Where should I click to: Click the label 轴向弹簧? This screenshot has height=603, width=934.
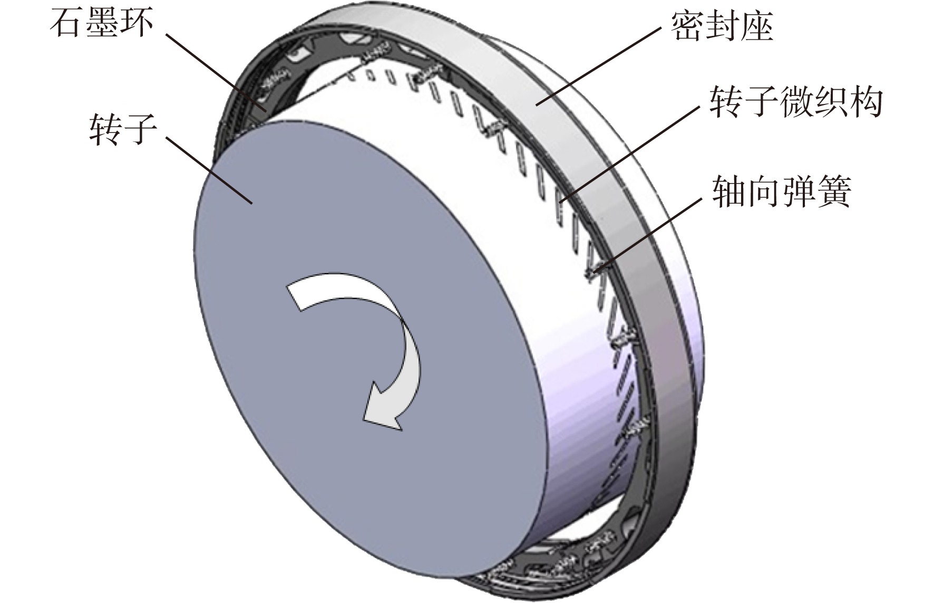click(782, 192)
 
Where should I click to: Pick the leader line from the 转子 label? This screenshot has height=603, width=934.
click(209, 170)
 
